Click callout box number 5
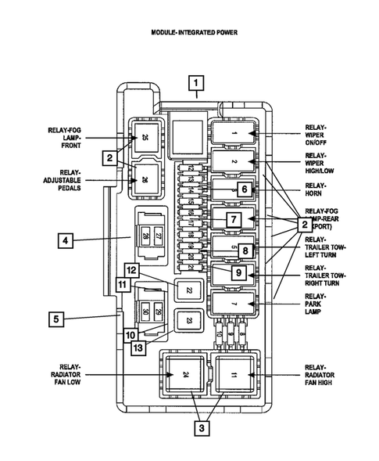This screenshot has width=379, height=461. tap(55, 319)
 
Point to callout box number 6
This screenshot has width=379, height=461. tap(244, 189)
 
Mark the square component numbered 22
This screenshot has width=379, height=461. tap(188, 290)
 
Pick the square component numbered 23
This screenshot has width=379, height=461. tap(188, 320)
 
